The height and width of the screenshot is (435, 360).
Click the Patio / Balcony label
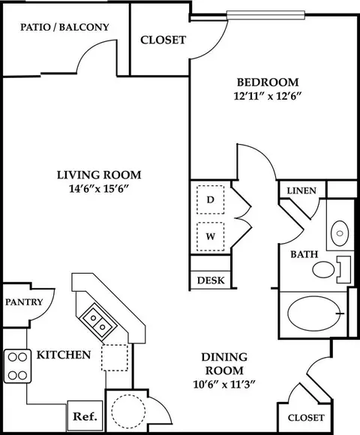click(64, 27)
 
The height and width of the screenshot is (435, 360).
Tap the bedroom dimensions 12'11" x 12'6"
click(267, 96)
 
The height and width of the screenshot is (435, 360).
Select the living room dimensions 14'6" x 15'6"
click(99, 189)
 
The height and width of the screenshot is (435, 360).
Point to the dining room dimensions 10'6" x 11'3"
click(223, 385)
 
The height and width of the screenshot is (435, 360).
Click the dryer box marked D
click(211, 199)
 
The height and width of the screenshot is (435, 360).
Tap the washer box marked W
click(211, 237)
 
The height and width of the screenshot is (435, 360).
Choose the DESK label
click(211, 280)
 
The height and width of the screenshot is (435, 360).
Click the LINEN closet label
click(301, 190)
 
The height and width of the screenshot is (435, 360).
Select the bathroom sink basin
click(340, 233)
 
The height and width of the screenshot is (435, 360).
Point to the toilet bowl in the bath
click(323, 269)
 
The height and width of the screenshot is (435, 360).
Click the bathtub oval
click(313, 314)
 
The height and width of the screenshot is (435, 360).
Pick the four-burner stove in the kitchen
click(17, 366)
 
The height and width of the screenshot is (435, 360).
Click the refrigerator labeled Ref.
click(85, 416)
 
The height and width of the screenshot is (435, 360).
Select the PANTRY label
click(24, 301)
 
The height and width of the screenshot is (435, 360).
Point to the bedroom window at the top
click(265, 15)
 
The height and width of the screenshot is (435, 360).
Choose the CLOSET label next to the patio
click(163, 40)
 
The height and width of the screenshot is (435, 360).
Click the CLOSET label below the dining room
click(306, 418)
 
